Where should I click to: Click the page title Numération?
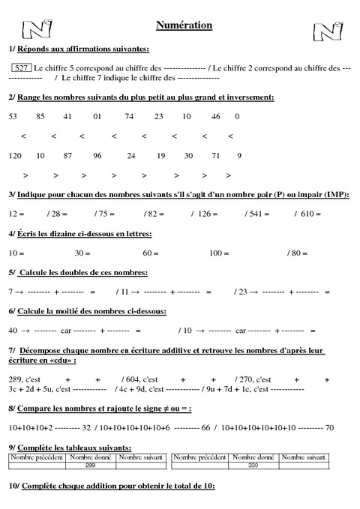click(184, 25)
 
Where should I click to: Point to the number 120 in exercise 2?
click(15, 156)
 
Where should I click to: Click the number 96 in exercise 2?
click(97, 156)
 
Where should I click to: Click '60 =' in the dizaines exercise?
click(151, 253)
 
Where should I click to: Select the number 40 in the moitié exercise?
click(13, 331)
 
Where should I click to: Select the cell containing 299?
click(90, 466)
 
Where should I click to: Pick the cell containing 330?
click(255, 466)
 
